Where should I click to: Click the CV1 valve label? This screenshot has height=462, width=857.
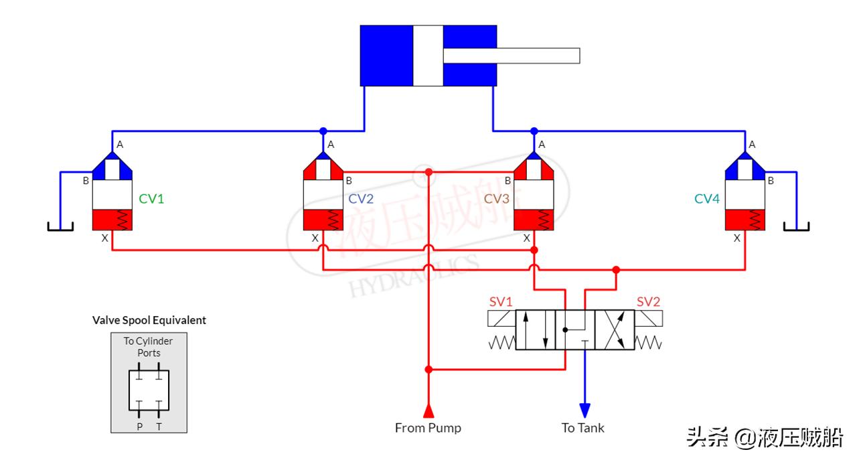pos(151,199)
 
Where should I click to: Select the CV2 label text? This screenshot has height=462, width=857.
pos(361,199)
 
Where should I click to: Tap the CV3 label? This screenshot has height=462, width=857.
pos(497,199)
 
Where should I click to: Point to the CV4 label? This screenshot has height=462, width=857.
pos(706,199)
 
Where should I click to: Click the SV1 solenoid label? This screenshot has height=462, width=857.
pos(500,302)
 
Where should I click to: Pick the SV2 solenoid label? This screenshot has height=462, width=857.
pos(648,302)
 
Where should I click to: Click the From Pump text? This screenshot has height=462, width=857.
pos(428,428)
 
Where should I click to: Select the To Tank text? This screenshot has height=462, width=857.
pos(582,428)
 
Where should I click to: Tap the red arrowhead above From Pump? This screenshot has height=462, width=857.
pos(428,410)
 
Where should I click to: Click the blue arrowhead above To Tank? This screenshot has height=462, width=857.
pos(585,410)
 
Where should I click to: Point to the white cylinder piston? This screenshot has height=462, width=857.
pos(428,56)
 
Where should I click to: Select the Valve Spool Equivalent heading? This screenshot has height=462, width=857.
pos(149,321)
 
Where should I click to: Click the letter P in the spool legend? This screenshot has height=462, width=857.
pos(139,427)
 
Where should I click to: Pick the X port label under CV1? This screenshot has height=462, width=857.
pos(104,238)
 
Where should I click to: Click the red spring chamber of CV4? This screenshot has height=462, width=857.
pos(745,220)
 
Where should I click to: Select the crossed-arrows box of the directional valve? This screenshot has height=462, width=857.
pos(615,329)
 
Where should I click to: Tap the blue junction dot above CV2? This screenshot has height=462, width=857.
pos(323,131)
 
